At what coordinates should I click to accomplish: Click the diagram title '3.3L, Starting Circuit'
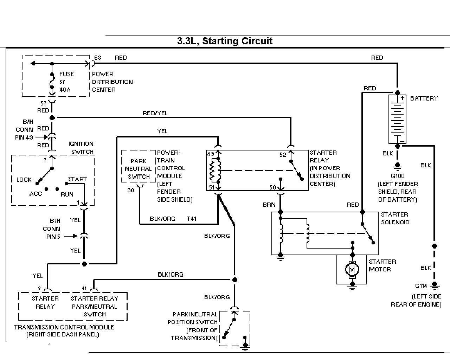225,41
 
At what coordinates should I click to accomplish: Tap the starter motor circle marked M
352,269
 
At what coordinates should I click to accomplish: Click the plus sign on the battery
402,98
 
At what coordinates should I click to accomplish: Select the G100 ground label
398,176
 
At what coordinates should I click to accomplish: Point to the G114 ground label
421,286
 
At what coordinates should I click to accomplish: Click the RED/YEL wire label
155,113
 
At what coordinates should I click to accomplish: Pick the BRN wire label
269,205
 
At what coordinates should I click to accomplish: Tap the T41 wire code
191,219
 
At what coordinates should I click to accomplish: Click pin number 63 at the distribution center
98,58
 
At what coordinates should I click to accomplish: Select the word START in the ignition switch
77,179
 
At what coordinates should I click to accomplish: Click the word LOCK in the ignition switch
24,180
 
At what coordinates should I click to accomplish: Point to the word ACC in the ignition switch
36,194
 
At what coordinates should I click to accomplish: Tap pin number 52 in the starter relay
283,155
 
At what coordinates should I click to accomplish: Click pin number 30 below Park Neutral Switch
131,190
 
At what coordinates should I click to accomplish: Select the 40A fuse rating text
65,90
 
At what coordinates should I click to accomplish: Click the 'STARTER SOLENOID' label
395,218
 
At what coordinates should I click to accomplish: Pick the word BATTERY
424,98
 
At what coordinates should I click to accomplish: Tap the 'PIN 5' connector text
53,237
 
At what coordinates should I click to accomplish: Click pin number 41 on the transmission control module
84,288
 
